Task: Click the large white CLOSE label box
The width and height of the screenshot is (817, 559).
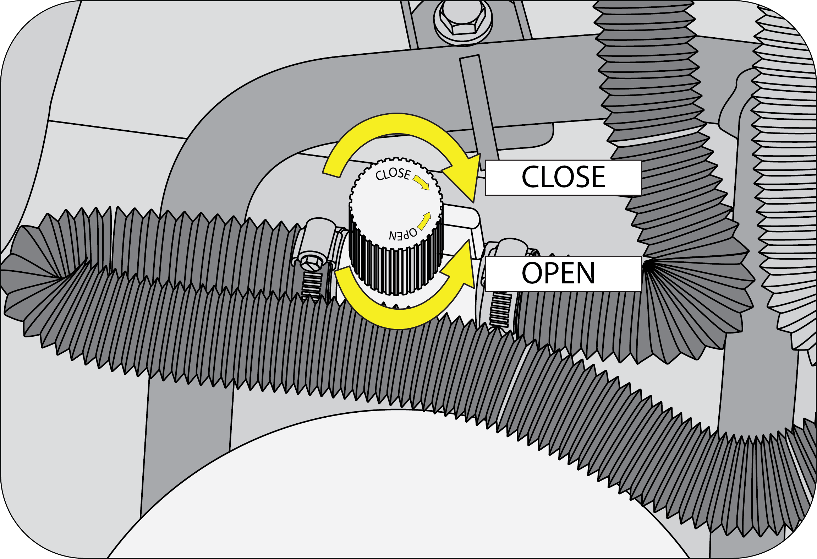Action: point(563,178)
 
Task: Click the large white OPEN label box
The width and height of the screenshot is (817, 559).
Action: point(563,274)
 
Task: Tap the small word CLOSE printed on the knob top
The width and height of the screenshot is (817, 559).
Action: point(393,174)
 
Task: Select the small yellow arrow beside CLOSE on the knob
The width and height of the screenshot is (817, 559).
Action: point(421,182)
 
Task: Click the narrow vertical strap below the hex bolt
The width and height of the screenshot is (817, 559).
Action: point(478,107)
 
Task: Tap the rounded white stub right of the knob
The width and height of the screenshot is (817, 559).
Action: point(461,217)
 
